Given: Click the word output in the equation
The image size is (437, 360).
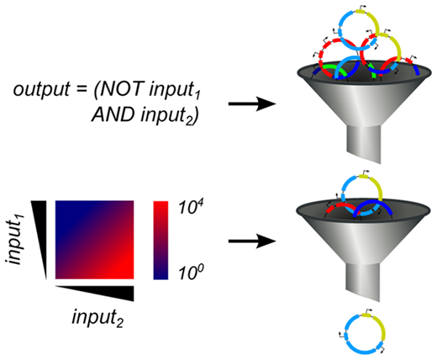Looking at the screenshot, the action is (41, 90).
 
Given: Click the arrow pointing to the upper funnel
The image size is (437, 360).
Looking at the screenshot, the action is (252, 103).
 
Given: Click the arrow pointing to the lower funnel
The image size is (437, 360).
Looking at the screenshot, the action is (252, 241).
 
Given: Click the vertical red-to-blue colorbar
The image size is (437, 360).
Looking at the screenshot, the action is (161, 241).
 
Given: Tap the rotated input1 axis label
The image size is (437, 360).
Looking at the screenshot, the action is (14, 240).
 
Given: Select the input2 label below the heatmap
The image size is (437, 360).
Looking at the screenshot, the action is (97, 318).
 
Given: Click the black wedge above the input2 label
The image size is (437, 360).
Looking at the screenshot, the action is (94, 294).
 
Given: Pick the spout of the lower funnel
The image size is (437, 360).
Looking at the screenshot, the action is (364, 282).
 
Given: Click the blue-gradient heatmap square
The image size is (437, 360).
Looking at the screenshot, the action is (94, 240).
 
